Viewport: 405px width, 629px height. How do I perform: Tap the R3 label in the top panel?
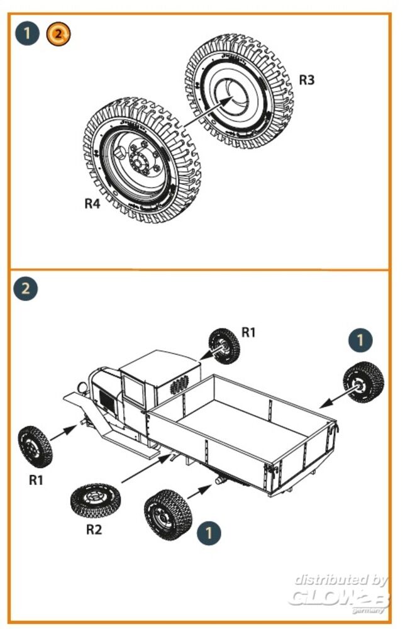click(x=306, y=81)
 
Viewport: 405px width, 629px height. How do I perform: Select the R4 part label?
click(x=92, y=204)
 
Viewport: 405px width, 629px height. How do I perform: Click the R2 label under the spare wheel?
click(x=94, y=529)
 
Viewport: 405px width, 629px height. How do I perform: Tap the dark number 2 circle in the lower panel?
click(x=26, y=289)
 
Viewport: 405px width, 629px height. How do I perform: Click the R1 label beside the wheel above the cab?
click(x=249, y=332)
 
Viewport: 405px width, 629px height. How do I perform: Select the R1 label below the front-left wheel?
click(x=36, y=479)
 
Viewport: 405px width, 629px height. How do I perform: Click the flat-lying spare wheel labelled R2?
click(x=92, y=499)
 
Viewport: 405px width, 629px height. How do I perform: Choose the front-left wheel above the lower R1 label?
click(x=34, y=446)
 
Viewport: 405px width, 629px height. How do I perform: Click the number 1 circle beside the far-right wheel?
click(x=360, y=340)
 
